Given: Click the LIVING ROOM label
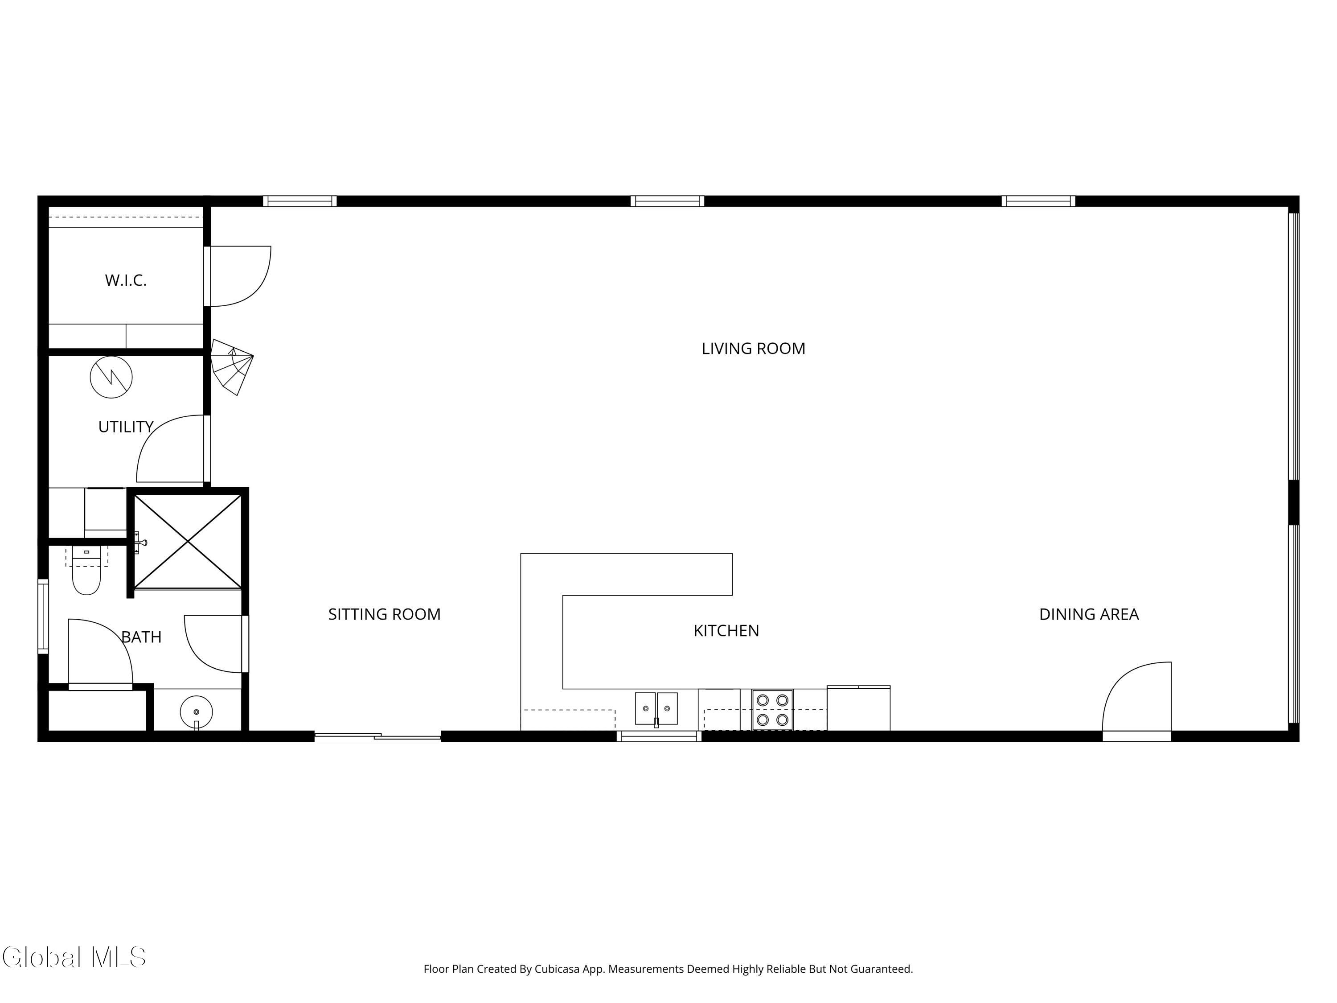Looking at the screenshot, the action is pos(753,349).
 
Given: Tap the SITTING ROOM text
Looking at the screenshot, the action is pos(385,614).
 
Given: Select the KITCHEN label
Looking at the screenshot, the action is pos(726,631).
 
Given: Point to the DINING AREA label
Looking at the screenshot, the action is pos(1089,614).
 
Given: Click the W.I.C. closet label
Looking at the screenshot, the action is pos(126,280).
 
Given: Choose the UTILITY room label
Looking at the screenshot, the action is pos(126,427).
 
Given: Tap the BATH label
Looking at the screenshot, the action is pos(141,637).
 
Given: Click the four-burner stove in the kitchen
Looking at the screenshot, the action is pos(772,710).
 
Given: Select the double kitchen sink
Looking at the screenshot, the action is pos(656,709).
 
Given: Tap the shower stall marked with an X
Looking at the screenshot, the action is pos(188,541).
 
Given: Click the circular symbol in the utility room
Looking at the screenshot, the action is pos(111,377).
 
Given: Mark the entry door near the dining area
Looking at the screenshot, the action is pos(1137,701).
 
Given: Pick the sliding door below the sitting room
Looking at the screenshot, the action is pos(378,736).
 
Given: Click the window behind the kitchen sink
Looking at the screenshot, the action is pos(659,736).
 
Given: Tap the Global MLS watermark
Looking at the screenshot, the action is pos(74,957).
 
